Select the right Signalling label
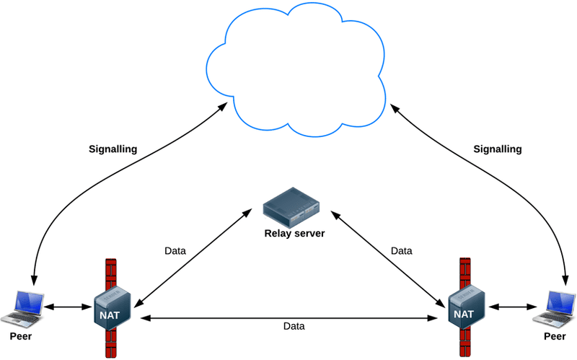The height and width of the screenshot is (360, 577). click(x=497, y=149)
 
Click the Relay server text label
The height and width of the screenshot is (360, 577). click(x=294, y=233)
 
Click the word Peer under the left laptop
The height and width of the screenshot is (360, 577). click(x=22, y=336)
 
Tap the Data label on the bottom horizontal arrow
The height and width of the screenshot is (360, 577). click(x=294, y=326)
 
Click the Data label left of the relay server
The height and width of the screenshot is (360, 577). click(x=175, y=251)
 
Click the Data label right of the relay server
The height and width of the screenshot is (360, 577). click(x=401, y=251)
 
